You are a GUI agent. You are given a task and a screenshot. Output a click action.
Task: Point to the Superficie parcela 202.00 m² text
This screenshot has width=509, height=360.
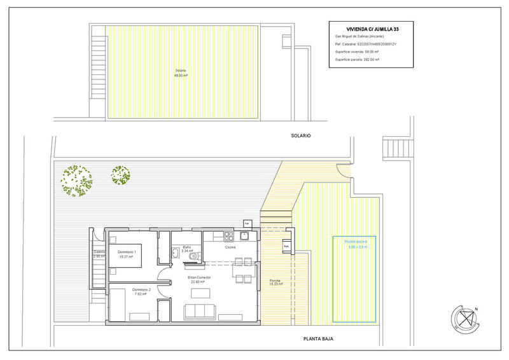[x=357, y=59]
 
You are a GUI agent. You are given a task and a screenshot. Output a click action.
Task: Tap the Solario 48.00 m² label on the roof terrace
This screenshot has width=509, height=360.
[x=181, y=73]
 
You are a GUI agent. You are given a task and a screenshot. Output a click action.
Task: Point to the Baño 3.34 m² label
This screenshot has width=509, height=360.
[x=187, y=249]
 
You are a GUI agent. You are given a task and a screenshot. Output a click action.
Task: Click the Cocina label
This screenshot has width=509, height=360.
[x=230, y=247]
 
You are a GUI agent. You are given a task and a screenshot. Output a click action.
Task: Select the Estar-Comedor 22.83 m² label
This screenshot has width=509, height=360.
[x=200, y=280]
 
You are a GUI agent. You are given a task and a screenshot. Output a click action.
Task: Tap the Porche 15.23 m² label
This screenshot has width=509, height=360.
[x=275, y=282]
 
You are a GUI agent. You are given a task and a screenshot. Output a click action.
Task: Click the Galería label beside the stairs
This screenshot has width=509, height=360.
[x=99, y=254]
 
